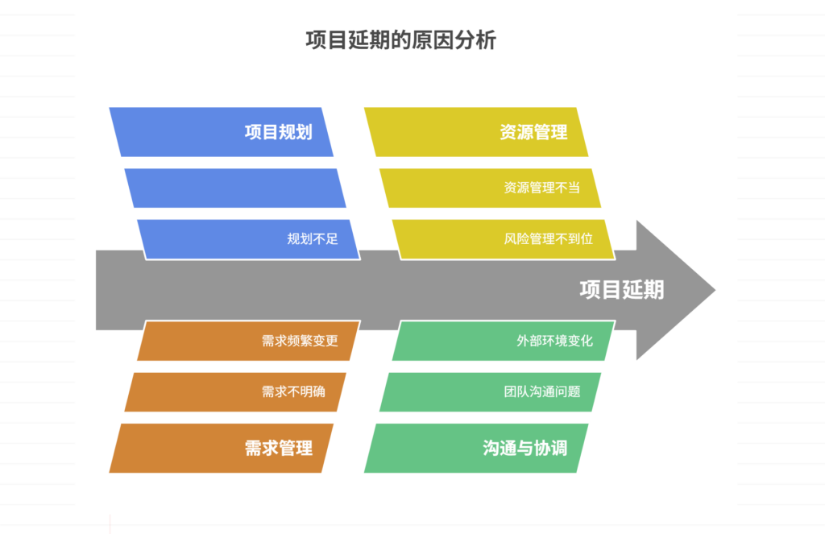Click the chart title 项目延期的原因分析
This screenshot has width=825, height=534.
point(400,40)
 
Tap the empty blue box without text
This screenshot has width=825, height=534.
point(234,188)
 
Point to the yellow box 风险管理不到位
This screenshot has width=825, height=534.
point(503,239)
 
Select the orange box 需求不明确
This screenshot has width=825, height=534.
point(234,392)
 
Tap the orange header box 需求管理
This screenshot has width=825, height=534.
point(221,448)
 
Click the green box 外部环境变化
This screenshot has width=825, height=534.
point(503,341)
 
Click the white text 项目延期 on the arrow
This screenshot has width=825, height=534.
point(621,290)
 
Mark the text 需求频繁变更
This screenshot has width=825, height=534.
point(300,341)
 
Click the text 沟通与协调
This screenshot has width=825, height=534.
point(524,448)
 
